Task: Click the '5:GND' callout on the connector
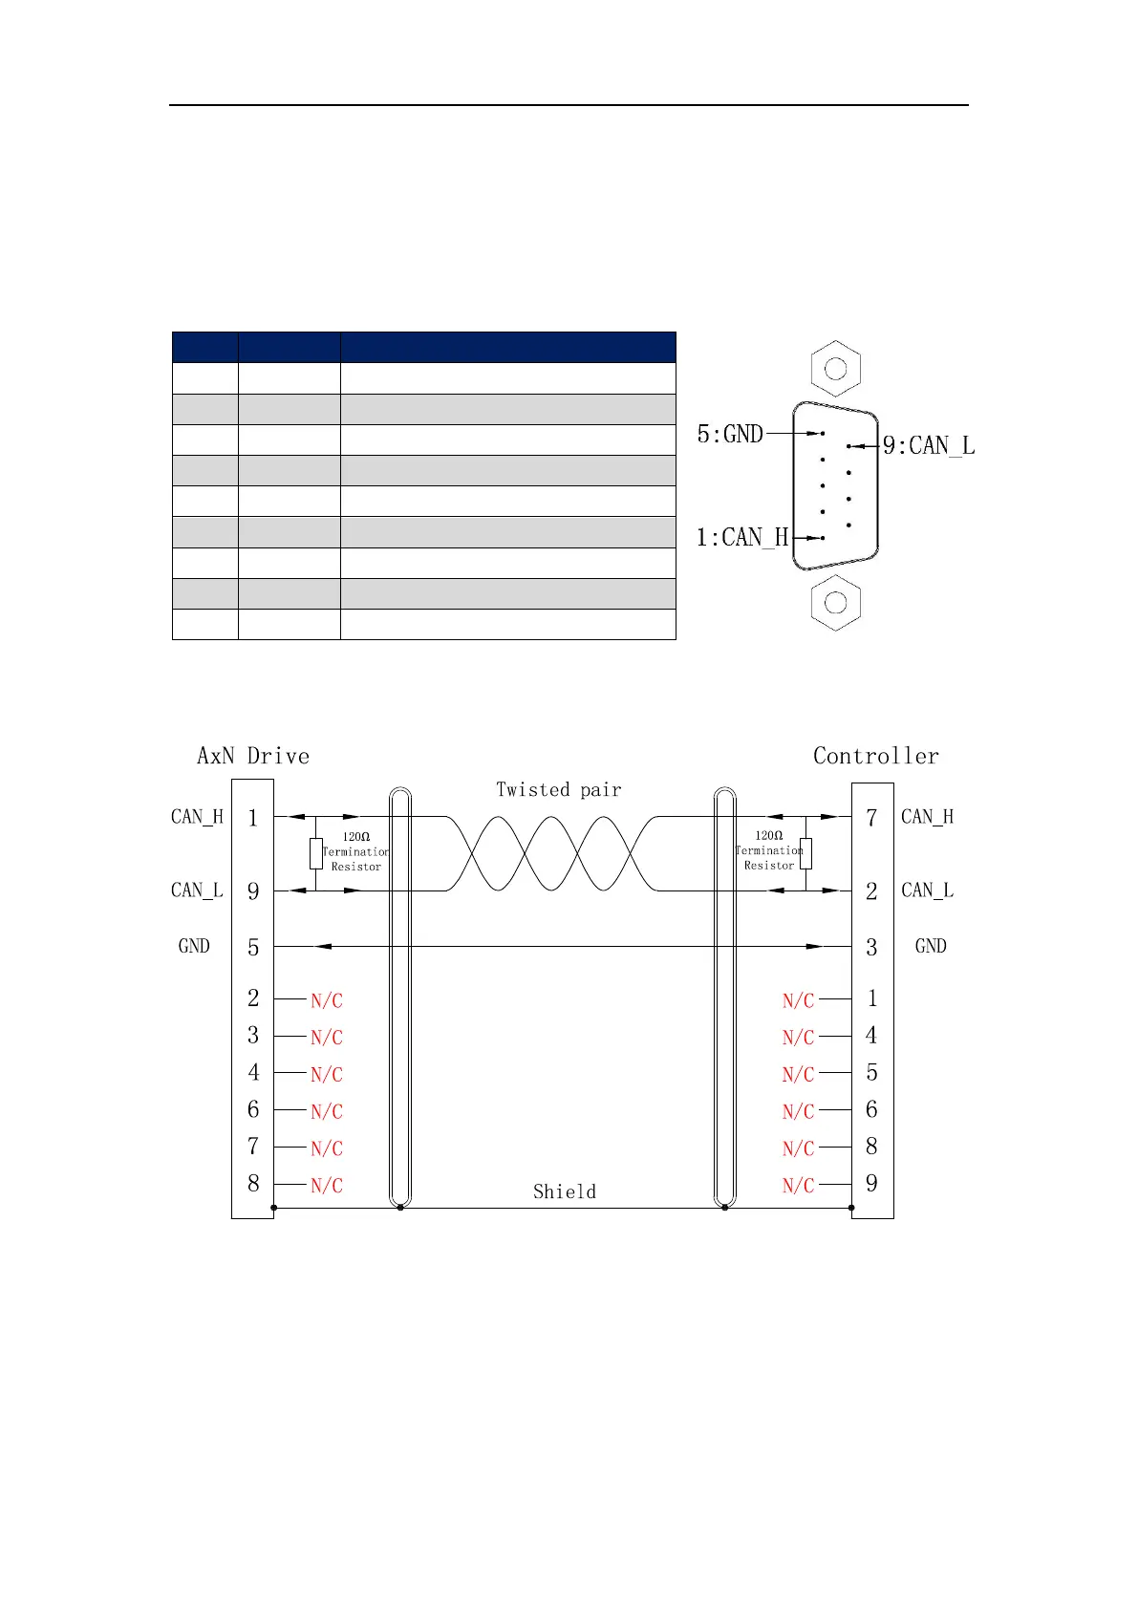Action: point(730,434)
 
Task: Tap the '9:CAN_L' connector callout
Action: point(928,445)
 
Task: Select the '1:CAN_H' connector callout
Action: point(742,537)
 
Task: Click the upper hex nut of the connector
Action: point(835,368)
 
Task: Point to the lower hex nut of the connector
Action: point(835,602)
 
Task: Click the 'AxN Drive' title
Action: point(253,756)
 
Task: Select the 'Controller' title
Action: point(875,756)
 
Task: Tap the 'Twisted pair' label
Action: point(558,789)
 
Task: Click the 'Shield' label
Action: point(564,1191)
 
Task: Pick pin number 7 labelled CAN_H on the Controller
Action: point(871,818)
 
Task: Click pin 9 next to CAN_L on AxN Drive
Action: point(253,891)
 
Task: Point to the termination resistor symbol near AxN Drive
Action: point(316,853)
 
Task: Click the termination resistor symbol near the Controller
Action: point(805,853)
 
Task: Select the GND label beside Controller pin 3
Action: point(930,946)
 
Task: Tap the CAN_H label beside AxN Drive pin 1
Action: point(197,816)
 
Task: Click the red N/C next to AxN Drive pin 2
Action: point(326,1000)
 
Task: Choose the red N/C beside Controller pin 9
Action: point(798,1186)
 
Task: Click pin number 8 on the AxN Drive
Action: point(253,1184)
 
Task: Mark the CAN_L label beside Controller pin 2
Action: point(927,890)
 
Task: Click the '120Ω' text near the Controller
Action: point(769,835)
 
